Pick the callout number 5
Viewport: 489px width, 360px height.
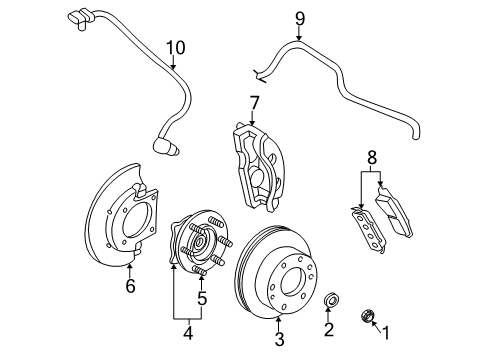[203, 298]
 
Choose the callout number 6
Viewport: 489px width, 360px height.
[130, 288]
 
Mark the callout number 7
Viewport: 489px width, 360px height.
[255, 102]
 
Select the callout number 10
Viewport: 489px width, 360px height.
[176, 46]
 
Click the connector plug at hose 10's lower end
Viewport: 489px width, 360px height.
[167, 148]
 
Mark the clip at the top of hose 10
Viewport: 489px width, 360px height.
[80, 17]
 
